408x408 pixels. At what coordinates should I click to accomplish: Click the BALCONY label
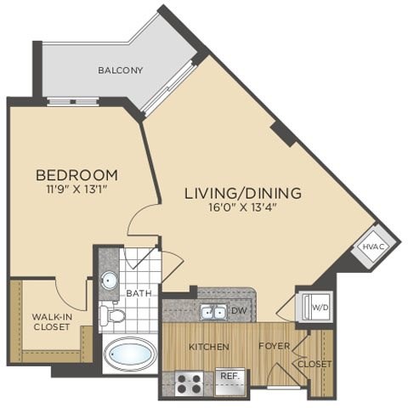119,70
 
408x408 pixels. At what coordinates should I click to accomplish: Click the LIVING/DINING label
242,192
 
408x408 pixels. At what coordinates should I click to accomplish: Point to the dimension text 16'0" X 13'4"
242,207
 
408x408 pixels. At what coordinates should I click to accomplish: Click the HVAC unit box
373,246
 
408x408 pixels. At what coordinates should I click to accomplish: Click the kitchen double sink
212,312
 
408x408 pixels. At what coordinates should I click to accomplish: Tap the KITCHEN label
208,347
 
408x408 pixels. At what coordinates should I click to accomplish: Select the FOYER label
275,347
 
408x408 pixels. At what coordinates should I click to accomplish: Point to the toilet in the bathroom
112,316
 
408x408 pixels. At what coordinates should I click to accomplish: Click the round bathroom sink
110,281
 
